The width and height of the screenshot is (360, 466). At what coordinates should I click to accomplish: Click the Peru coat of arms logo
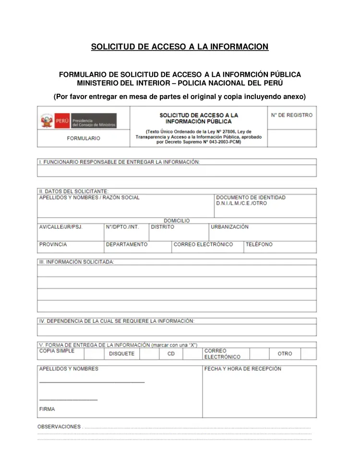pos(47,120)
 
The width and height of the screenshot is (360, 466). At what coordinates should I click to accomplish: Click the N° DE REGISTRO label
pos(291,115)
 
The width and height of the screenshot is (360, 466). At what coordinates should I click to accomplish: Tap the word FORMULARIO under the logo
pos(84,138)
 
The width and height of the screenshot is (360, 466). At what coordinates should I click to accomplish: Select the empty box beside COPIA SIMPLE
pos(94,354)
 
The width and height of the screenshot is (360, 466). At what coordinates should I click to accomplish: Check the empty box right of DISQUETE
pos(149,354)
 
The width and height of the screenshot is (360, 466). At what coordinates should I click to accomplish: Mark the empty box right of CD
pos(192,354)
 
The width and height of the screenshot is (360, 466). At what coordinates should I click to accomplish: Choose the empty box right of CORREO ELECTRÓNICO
pos(259,354)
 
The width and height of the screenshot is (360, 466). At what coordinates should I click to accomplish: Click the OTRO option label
pos(285,354)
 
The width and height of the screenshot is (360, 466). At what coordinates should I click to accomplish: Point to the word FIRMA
pos(47,409)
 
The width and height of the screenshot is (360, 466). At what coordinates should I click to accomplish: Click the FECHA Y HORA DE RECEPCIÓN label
pos(243,369)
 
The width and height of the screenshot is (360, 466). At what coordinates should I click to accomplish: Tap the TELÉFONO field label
pos(259,245)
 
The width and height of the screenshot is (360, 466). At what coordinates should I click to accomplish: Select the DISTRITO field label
pos(163,227)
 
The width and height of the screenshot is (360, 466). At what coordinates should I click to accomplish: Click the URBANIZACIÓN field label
pos(230,227)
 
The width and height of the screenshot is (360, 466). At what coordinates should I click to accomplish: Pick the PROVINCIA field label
pos(53,245)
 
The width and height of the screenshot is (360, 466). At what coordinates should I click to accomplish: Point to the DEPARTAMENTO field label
pos(127,245)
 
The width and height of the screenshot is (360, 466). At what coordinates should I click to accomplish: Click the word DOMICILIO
pos(177,221)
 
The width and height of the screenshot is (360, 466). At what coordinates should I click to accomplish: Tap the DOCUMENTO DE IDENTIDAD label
pos(251,197)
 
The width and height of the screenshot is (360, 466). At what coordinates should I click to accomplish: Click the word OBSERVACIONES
pos(59,427)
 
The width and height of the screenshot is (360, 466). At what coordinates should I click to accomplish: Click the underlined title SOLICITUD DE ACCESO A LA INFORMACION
pos(180,47)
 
